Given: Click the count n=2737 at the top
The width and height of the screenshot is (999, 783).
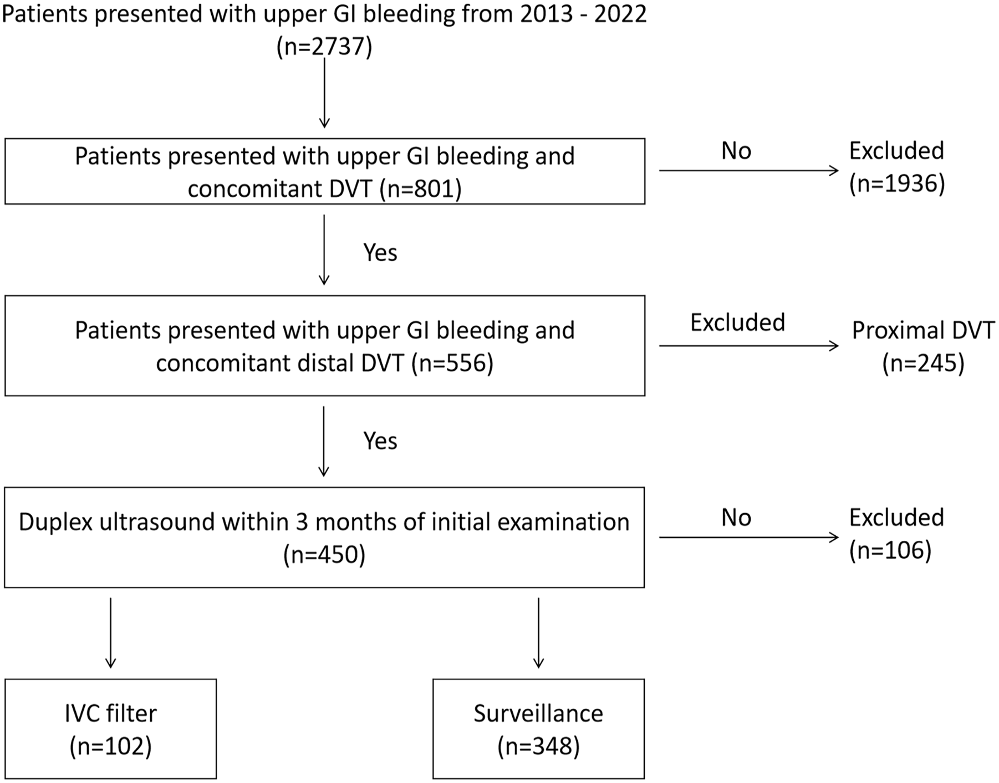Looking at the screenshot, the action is tap(324, 47).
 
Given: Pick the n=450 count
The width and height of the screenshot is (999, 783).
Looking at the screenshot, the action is tap(324, 555).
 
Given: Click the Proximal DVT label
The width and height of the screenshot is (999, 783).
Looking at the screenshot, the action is tap(924, 331).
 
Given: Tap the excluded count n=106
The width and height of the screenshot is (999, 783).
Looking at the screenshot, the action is tap(890, 550).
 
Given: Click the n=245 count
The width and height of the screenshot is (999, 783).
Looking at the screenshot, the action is tap(924, 364).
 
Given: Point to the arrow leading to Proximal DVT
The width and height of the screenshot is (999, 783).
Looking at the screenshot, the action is tap(749, 346).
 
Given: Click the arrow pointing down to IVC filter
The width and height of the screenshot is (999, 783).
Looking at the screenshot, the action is tap(111, 633).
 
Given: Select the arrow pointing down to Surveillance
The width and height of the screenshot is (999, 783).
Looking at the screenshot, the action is tap(538, 633).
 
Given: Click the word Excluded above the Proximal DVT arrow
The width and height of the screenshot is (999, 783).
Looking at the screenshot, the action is tap(737, 323).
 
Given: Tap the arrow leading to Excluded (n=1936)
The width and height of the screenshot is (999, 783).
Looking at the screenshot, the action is tap(749, 170).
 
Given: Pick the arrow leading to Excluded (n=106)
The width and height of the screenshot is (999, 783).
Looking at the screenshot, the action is tap(749, 537).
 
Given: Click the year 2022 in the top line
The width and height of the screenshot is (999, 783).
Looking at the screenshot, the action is tap(620, 14).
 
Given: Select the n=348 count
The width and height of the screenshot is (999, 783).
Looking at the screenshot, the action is tap(538, 746).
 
